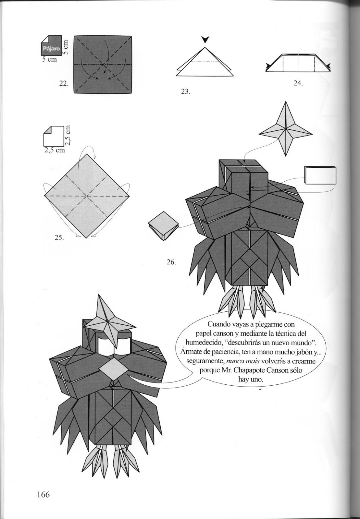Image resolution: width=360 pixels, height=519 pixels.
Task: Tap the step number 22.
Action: (x=63, y=83)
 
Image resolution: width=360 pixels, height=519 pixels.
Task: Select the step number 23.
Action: (x=185, y=91)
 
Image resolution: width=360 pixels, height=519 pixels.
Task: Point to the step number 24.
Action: (x=298, y=83)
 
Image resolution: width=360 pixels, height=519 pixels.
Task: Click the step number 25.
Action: (x=59, y=237)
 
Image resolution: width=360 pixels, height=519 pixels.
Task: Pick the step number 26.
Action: (x=171, y=262)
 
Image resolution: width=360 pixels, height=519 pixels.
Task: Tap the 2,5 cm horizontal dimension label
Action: (x=54, y=150)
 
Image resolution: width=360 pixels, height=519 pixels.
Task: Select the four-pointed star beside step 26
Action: (x=285, y=129)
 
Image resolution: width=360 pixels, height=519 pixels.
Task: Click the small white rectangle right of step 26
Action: (x=320, y=175)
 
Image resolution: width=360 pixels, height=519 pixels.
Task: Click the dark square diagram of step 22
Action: (x=103, y=65)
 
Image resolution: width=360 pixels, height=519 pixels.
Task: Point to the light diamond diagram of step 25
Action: (x=87, y=196)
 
